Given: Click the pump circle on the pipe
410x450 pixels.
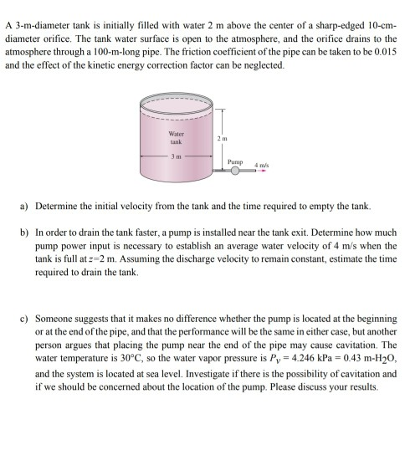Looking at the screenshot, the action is [x=237, y=169].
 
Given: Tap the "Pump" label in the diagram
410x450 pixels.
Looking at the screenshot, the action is [x=235, y=156].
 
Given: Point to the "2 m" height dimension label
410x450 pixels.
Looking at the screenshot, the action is [x=221, y=137].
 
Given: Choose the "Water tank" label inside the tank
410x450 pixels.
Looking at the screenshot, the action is [x=176, y=138].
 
